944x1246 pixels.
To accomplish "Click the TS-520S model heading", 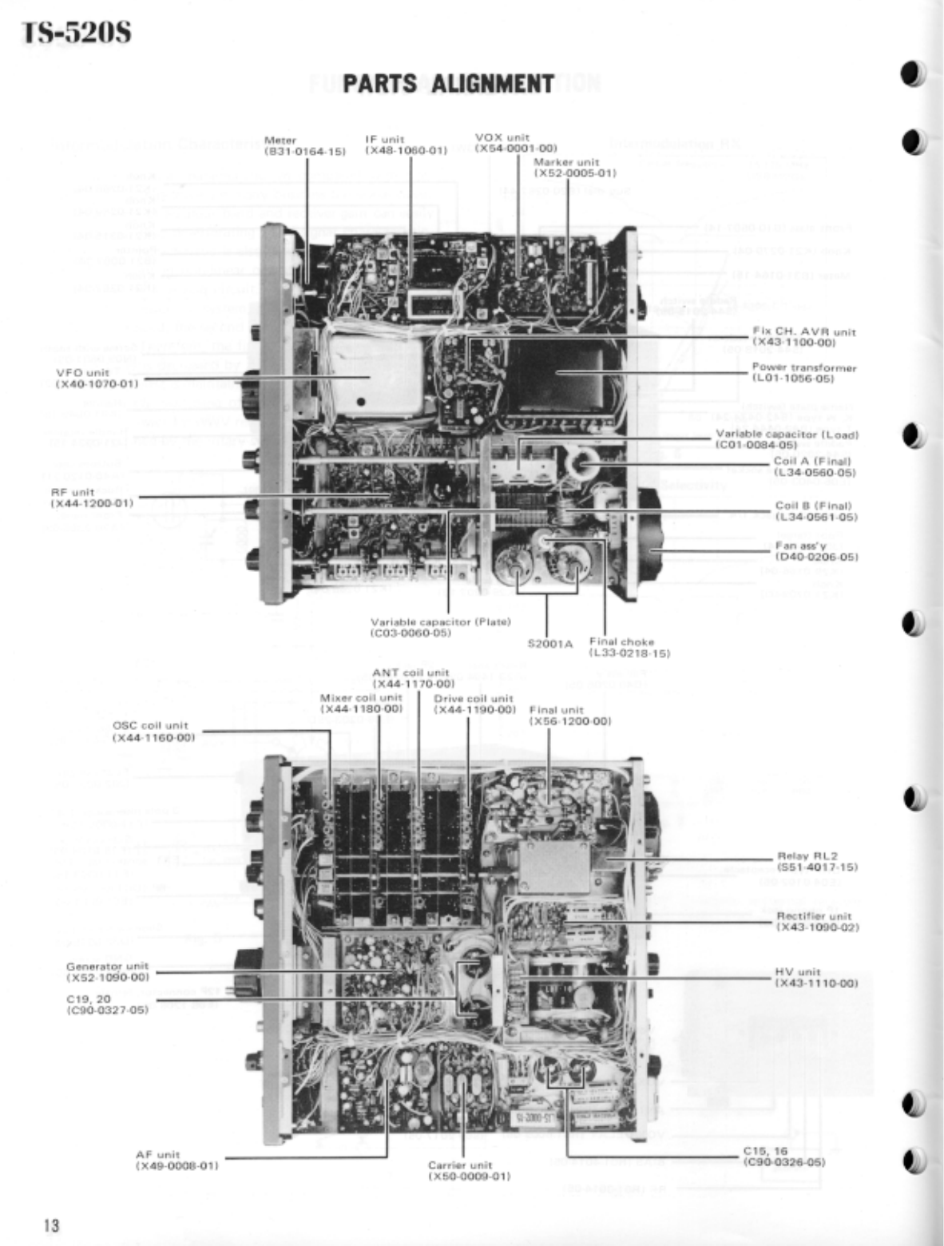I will click(77, 34).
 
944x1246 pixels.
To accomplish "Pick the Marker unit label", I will click(575, 167).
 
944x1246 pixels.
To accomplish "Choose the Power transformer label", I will click(803, 373).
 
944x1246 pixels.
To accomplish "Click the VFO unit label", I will click(97, 378).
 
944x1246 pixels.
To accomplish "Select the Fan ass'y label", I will click(808, 551).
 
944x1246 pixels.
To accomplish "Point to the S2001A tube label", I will click(549, 642).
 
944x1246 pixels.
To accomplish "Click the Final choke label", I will click(629, 647).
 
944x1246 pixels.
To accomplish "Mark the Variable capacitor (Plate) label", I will click(441, 627).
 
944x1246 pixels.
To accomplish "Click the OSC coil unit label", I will click(153, 731).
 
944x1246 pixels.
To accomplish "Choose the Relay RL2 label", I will click(816, 861).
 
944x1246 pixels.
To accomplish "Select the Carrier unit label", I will click(470, 1170).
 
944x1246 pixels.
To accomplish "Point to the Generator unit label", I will click(108, 971).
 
